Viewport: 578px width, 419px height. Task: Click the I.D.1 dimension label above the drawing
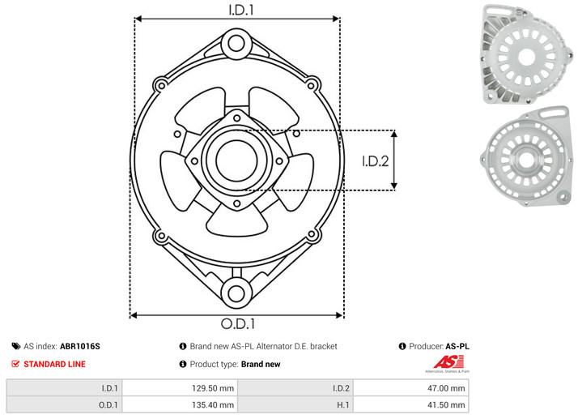(241, 10)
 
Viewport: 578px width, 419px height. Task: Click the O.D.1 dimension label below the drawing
(238, 323)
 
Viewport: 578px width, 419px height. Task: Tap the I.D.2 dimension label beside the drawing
(376, 161)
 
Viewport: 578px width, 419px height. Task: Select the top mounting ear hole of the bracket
(236, 44)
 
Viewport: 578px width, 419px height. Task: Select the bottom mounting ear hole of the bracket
(236, 293)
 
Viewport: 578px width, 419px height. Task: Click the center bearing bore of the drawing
(236, 160)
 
